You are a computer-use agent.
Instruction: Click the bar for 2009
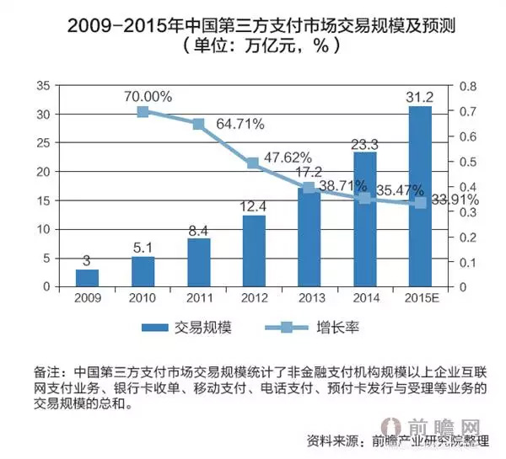pyautogui.click(x=87, y=278)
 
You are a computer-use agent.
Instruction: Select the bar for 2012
pyautogui.click(x=254, y=251)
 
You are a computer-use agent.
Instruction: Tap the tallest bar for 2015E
pyautogui.click(x=420, y=196)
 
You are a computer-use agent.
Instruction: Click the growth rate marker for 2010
pyautogui.click(x=143, y=111)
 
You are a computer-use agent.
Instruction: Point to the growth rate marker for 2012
pyautogui.click(x=254, y=163)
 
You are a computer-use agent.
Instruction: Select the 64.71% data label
pyautogui.click(x=240, y=125)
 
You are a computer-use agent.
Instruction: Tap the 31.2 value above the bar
pyautogui.click(x=420, y=95)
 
